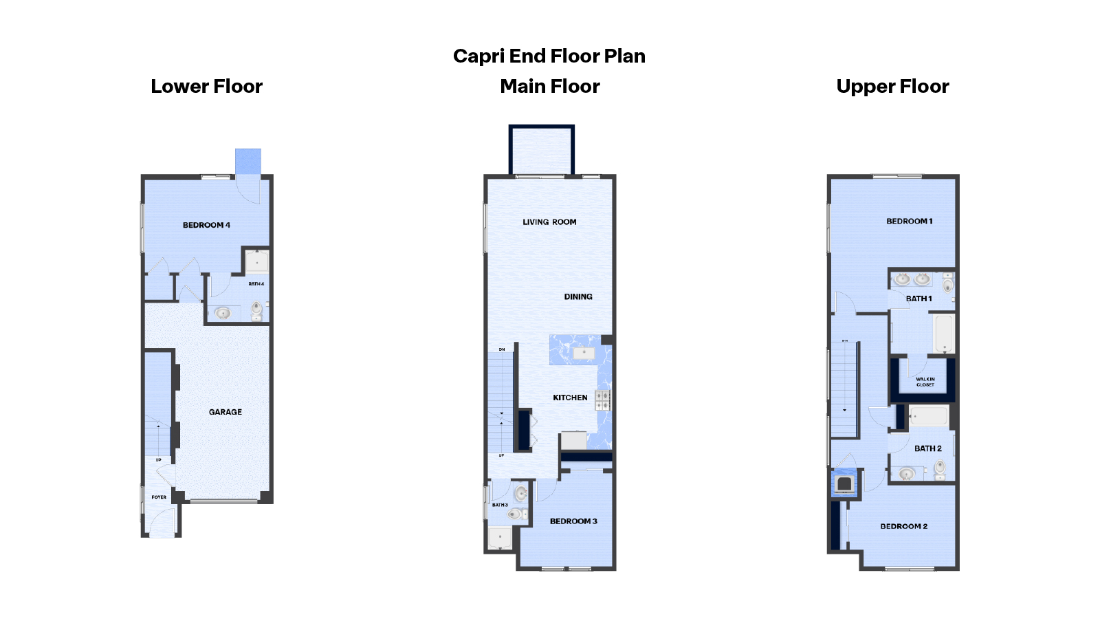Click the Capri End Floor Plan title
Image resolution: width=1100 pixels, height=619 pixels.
(x=549, y=56)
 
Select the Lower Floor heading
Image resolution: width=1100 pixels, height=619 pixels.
(x=206, y=87)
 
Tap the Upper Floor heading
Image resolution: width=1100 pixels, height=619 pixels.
(x=892, y=87)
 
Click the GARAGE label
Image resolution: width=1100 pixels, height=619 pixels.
(x=225, y=412)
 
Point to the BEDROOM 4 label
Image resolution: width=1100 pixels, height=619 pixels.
(x=206, y=225)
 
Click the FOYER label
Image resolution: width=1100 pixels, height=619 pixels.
(x=159, y=497)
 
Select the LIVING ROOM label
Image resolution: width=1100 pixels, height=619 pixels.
(x=549, y=222)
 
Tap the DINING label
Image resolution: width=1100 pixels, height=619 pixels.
(x=578, y=297)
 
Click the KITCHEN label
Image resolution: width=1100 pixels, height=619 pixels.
(x=570, y=398)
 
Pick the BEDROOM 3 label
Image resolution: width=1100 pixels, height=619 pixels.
(x=573, y=521)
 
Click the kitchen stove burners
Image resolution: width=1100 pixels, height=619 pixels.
(x=602, y=400)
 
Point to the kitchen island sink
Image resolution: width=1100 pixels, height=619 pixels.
(x=584, y=353)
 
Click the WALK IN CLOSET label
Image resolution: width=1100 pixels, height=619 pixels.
(x=925, y=382)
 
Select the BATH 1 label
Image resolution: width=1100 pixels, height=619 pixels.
(x=918, y=298)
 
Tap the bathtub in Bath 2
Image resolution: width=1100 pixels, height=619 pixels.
(x=928, y=416)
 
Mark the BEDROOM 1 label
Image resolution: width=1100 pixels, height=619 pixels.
(x=909, y=221)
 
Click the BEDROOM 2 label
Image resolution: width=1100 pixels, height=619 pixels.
(x=903, y=526)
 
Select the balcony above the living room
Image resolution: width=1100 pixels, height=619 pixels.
(x=541, y=151)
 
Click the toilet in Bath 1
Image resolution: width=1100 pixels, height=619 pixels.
(x=948, y=284)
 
